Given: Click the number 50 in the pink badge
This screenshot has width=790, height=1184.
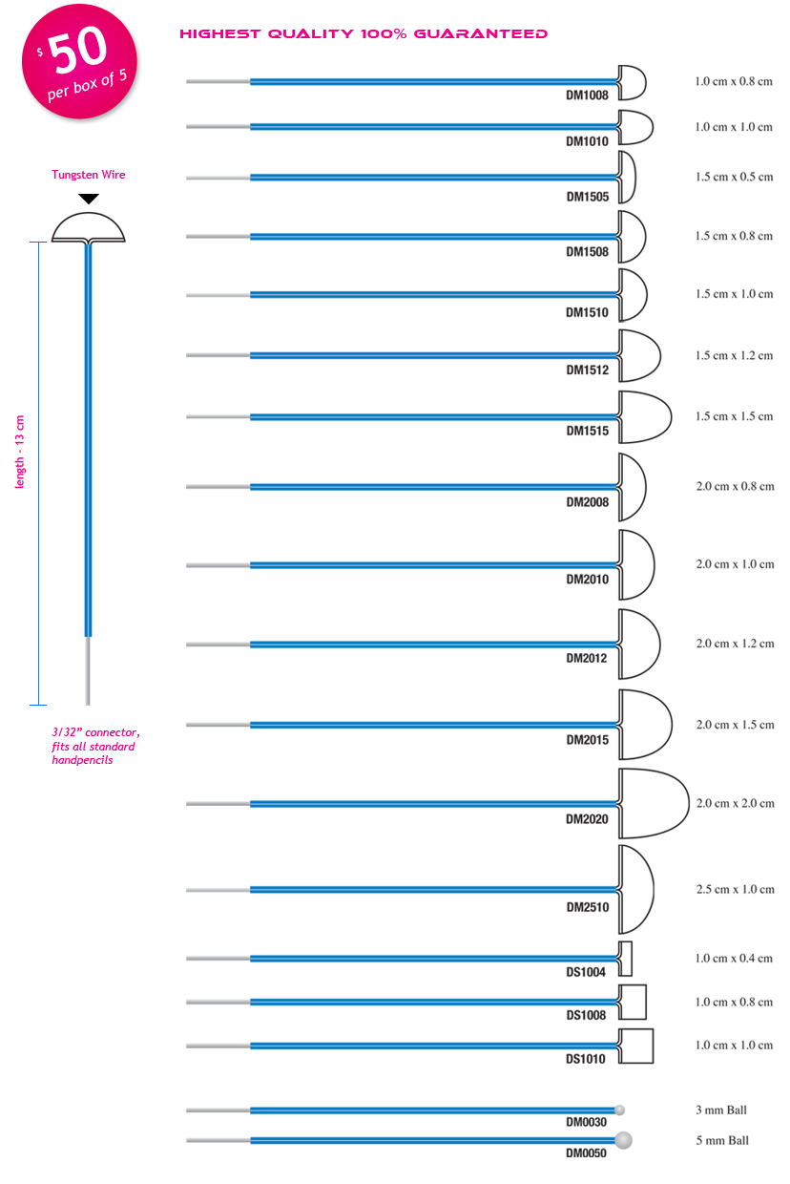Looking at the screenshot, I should coord(79,54).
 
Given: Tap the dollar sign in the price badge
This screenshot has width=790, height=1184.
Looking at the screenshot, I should coord(40,53).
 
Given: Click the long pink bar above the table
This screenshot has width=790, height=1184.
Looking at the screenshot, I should coord(364,34).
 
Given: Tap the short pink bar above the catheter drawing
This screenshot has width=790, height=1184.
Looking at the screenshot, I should coord(88,176).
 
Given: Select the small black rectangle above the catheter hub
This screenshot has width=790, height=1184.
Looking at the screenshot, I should coord(89,200).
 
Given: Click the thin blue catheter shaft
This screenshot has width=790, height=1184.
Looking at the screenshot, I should coord(89,477).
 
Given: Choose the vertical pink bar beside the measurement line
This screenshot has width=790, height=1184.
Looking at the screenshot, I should coord(20,452).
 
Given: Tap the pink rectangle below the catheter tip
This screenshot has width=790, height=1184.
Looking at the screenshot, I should coord(94,746).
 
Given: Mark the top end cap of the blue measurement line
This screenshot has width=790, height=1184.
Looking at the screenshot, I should coord(38,243).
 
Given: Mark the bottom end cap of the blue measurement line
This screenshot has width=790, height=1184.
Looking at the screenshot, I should coord(38,705).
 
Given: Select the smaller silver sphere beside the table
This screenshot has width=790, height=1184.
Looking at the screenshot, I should coord(621,1110).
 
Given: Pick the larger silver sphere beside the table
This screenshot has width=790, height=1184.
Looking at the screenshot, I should coord(625,1139).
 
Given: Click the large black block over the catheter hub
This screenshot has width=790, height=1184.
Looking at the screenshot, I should coord(89,229).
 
